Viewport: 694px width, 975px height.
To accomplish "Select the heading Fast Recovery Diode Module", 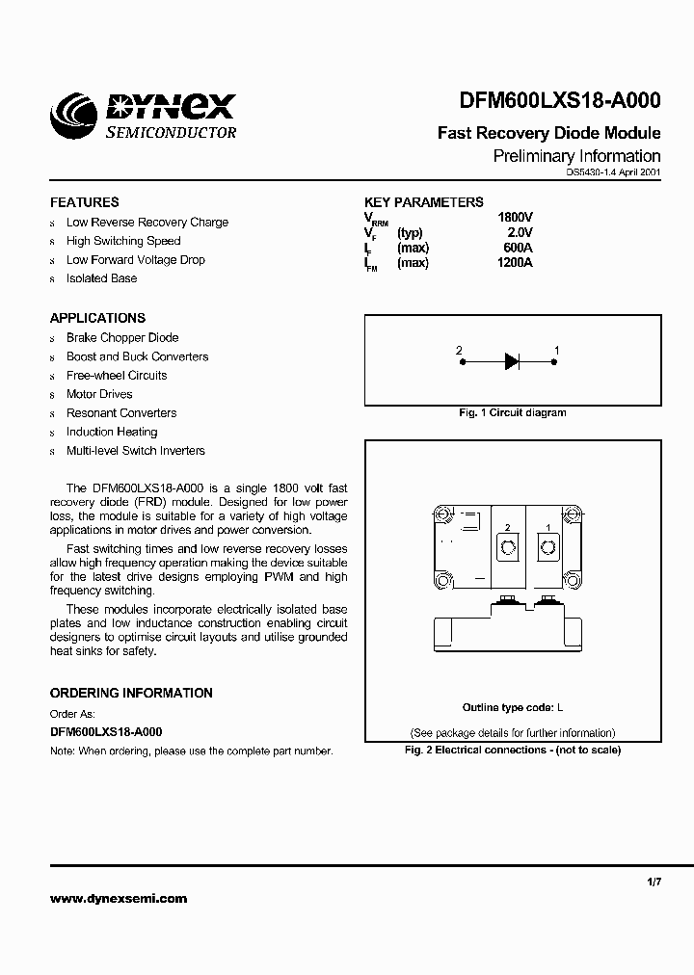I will tap(548, 133).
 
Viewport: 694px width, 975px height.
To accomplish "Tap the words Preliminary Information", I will tap(576, 156).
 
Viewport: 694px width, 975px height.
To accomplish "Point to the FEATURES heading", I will tap(85, 202).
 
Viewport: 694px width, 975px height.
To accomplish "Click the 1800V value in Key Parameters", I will tap(515, 218).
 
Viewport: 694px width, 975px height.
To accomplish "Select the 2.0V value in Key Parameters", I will tap(520, 232).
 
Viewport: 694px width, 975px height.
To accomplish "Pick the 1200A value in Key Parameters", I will tap(515, 263).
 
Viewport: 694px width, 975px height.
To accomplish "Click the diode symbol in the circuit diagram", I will tap(511, 362).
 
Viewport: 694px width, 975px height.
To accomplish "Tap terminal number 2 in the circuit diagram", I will tap(459, 350).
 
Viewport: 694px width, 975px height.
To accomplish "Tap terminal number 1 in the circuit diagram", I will tap(557, 350).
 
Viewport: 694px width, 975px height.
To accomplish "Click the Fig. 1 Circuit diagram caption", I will tap(512, 412).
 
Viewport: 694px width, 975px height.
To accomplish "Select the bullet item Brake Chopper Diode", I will tap(122, 338).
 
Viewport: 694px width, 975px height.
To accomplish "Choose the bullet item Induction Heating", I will tap(112, 432).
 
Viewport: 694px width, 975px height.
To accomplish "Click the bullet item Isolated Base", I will tap(101, 278).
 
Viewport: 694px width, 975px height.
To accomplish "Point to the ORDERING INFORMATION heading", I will tap(131, 693).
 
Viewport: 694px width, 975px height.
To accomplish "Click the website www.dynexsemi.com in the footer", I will tap(119, 899).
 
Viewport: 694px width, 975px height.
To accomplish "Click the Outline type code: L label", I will tap(512, 707).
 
